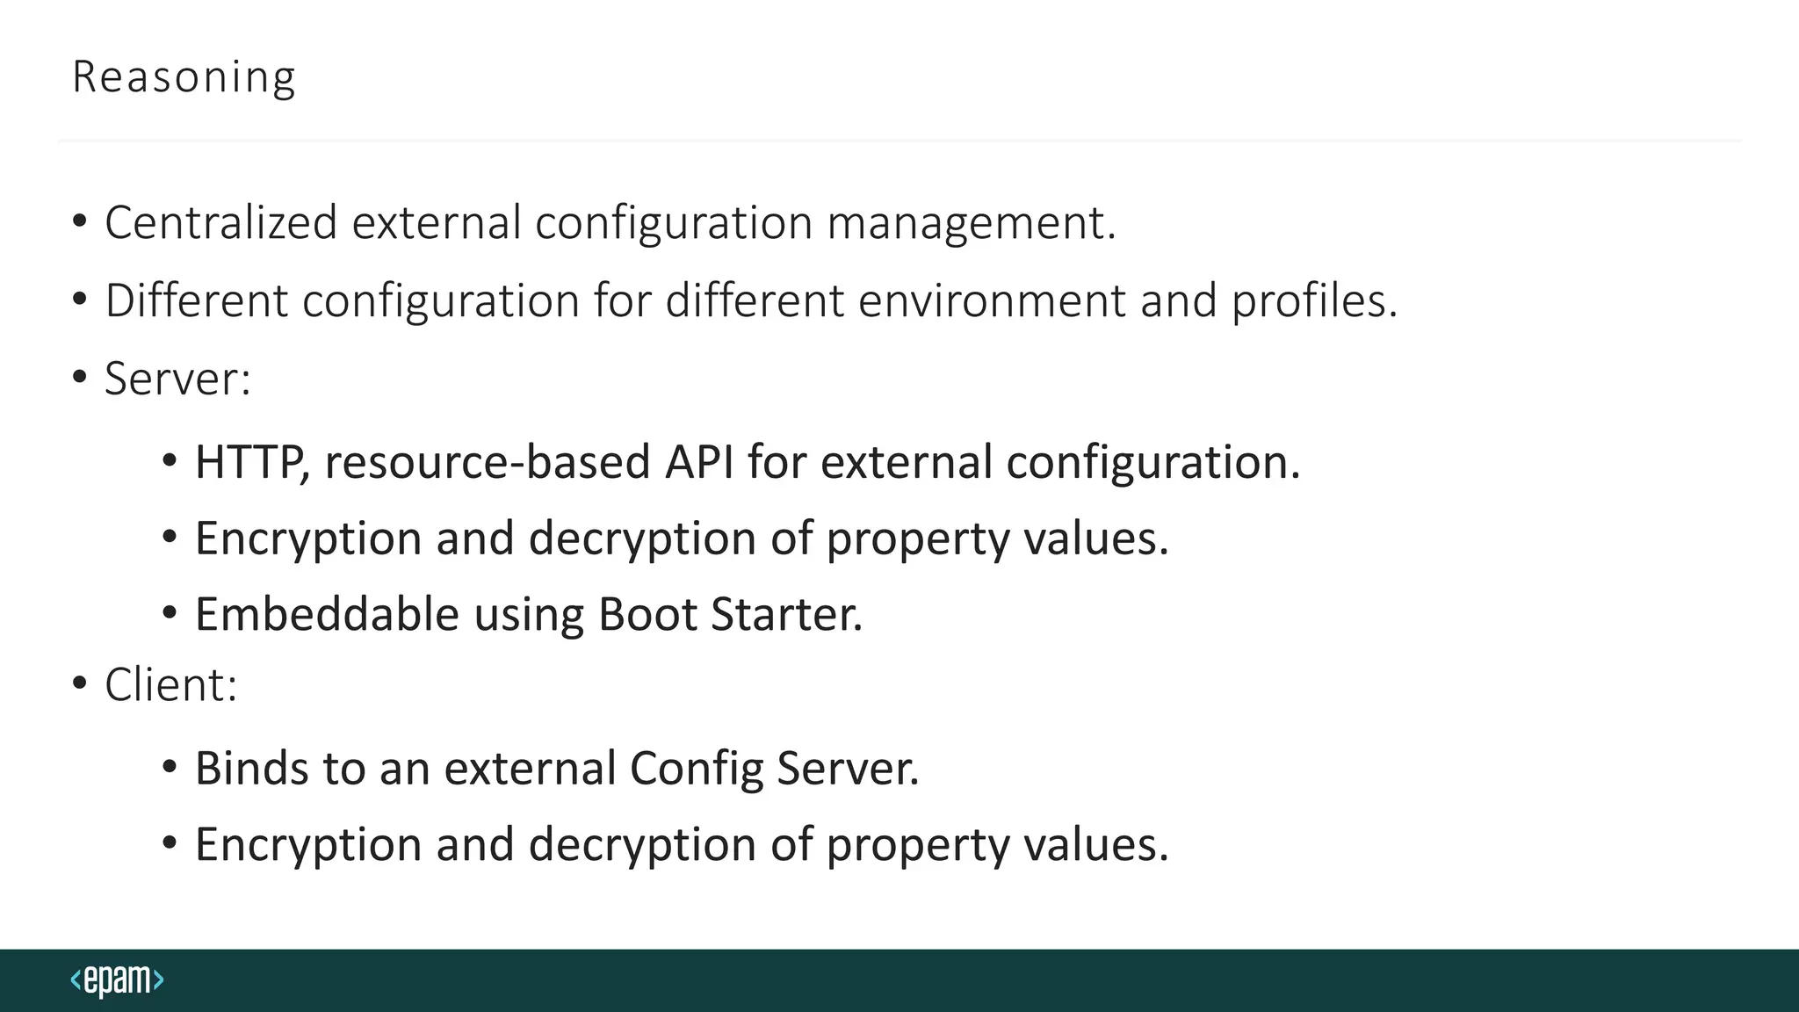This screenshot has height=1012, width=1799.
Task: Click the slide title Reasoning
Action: (x=184, y=77)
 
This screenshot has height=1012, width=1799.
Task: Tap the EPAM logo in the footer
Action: (x=117, y=979)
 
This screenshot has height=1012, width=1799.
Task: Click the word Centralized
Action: (x=220, y=222)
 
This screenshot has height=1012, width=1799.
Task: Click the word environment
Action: (x=991, y=300)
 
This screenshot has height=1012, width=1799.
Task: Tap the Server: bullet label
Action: (x=177, y=379)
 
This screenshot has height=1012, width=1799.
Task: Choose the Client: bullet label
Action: (x=170, y=684)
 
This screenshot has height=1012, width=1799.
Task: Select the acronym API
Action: (x=698, y=462)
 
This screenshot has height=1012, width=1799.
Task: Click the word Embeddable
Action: (x=327, y=614)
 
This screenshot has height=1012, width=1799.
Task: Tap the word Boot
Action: (x=647, y=614)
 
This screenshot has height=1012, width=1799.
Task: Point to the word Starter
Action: (x=787, y=614)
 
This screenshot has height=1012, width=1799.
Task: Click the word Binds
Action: (x=251, y=768)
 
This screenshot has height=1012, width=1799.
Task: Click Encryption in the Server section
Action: (x=307, y=539)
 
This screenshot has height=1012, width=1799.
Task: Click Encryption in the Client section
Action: (x=307, y=844)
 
